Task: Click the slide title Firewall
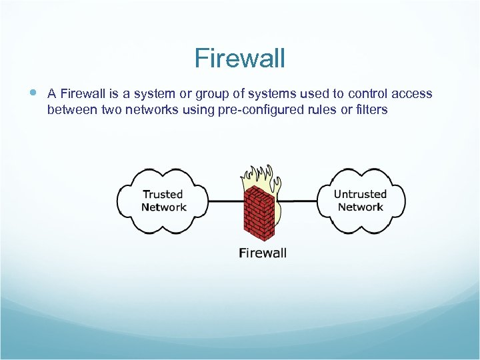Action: (239, 59)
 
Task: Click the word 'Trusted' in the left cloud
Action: (163, 194)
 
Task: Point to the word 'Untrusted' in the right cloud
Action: (360, 194)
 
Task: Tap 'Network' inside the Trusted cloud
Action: (164, 207)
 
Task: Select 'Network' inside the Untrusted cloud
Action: (360, 207)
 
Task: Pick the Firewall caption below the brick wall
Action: (263, 253)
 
